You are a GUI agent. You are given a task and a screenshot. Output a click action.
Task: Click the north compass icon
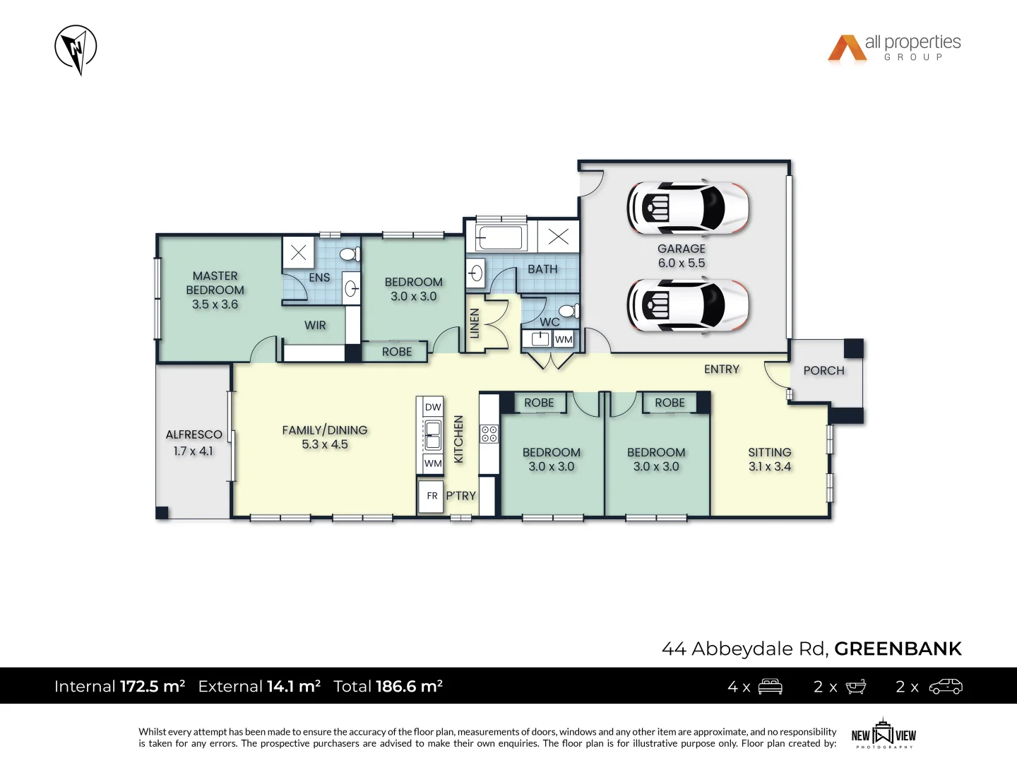click(x=76, y=49)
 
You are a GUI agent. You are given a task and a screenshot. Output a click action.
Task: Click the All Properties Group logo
click(x=894, y=48)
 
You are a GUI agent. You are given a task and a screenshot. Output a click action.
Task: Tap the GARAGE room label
click(x=681, y=249)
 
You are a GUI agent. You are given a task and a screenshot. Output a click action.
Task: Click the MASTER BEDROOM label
click(x=215, y=283)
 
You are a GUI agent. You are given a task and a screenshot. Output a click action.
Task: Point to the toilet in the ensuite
click(x=349, y=254)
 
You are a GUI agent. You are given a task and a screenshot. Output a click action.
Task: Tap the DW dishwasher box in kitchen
click(x=433, y=407)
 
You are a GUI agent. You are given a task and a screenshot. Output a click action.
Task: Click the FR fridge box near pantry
click(x=432, y=496)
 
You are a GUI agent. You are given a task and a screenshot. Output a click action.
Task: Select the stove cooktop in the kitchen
click(x=489, y=434)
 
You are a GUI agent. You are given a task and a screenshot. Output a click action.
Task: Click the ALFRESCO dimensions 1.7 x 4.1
click(x=193, y=451)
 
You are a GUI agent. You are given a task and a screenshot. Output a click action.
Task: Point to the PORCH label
click(x=823, y=370)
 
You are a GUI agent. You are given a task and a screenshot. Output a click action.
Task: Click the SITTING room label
click(x=769, y=452)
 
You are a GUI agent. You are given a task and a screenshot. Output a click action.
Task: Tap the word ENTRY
click(x=721, y=369)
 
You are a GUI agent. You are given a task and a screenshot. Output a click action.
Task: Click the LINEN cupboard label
click(x=475, y=323)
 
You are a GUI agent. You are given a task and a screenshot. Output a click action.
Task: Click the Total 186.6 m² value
click(x=409, y=686)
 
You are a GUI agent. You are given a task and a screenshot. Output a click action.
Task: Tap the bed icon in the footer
click(x=770, y=687)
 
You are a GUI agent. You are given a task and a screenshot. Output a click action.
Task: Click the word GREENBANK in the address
click(x=898, y=649)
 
